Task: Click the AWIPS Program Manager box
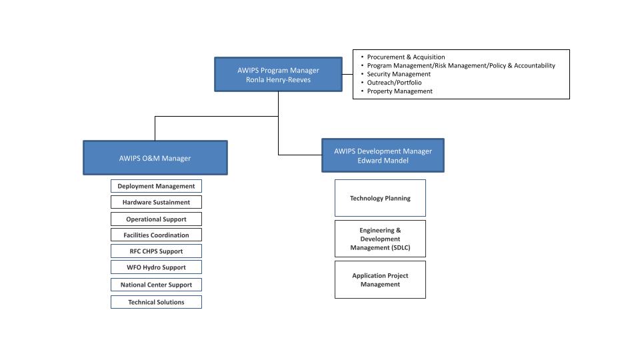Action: (x=279, y=74)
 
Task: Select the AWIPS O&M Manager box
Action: (x=155, y=158)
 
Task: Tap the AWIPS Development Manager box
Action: (x=383, y=155)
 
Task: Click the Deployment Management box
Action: (x=156, y=186)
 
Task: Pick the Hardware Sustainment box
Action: (x=156, y=202)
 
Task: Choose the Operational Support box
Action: (x=156, y=219)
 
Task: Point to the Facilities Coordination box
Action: (x=156, y=235)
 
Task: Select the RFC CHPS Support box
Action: (x=156, y=251)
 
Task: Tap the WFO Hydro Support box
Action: (x=156, y=267)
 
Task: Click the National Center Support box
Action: (x=156, y=285)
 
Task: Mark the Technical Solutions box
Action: (x=156, y=302)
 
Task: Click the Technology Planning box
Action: (x=381, y=198)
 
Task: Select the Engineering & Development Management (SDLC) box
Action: (x=381, y=239)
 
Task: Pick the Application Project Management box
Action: (x=381, y=280)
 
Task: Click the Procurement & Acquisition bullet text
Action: (x=406, y=57)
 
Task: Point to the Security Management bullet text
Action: (x=399, y=74)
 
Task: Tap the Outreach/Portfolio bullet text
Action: (x=394, y=83)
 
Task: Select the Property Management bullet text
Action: (x=399, y=91)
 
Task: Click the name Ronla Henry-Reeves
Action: (x=279, y=79)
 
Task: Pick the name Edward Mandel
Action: (x=383, y=161)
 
